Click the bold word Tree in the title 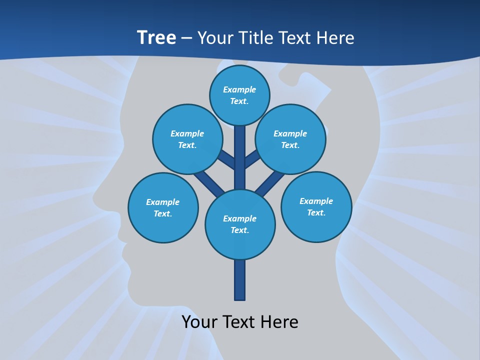(x=156, y=37)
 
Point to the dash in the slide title (x=186, y=38)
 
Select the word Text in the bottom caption (x=240, y=322)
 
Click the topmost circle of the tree (x=239, y=95)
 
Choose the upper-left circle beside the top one (x=187, y=139)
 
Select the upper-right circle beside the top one (x=290, y=139)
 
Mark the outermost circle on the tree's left (x=163, y=207)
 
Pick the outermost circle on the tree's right (x=316, y=206)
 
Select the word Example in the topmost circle (x=239, y=89)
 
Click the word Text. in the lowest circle (x=239, y=230)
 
